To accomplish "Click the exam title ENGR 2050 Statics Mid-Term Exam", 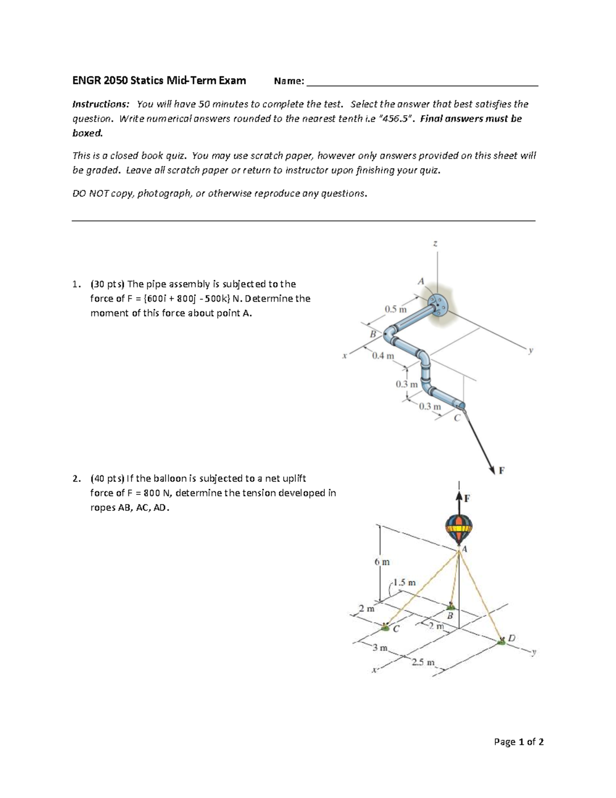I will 159,81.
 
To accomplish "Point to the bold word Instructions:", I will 101,104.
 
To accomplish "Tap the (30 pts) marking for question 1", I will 107,284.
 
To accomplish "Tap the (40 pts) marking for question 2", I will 107,478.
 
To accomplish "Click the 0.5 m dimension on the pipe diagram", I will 395,309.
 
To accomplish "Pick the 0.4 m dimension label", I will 383,356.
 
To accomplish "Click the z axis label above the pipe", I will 435,244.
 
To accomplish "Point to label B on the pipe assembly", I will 373,334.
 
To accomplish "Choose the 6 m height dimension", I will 382,562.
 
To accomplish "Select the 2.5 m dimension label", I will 423,662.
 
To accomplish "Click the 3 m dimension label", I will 380,648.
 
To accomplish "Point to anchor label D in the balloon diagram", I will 511,639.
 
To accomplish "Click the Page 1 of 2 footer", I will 518,741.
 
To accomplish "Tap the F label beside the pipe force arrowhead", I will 502,470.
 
